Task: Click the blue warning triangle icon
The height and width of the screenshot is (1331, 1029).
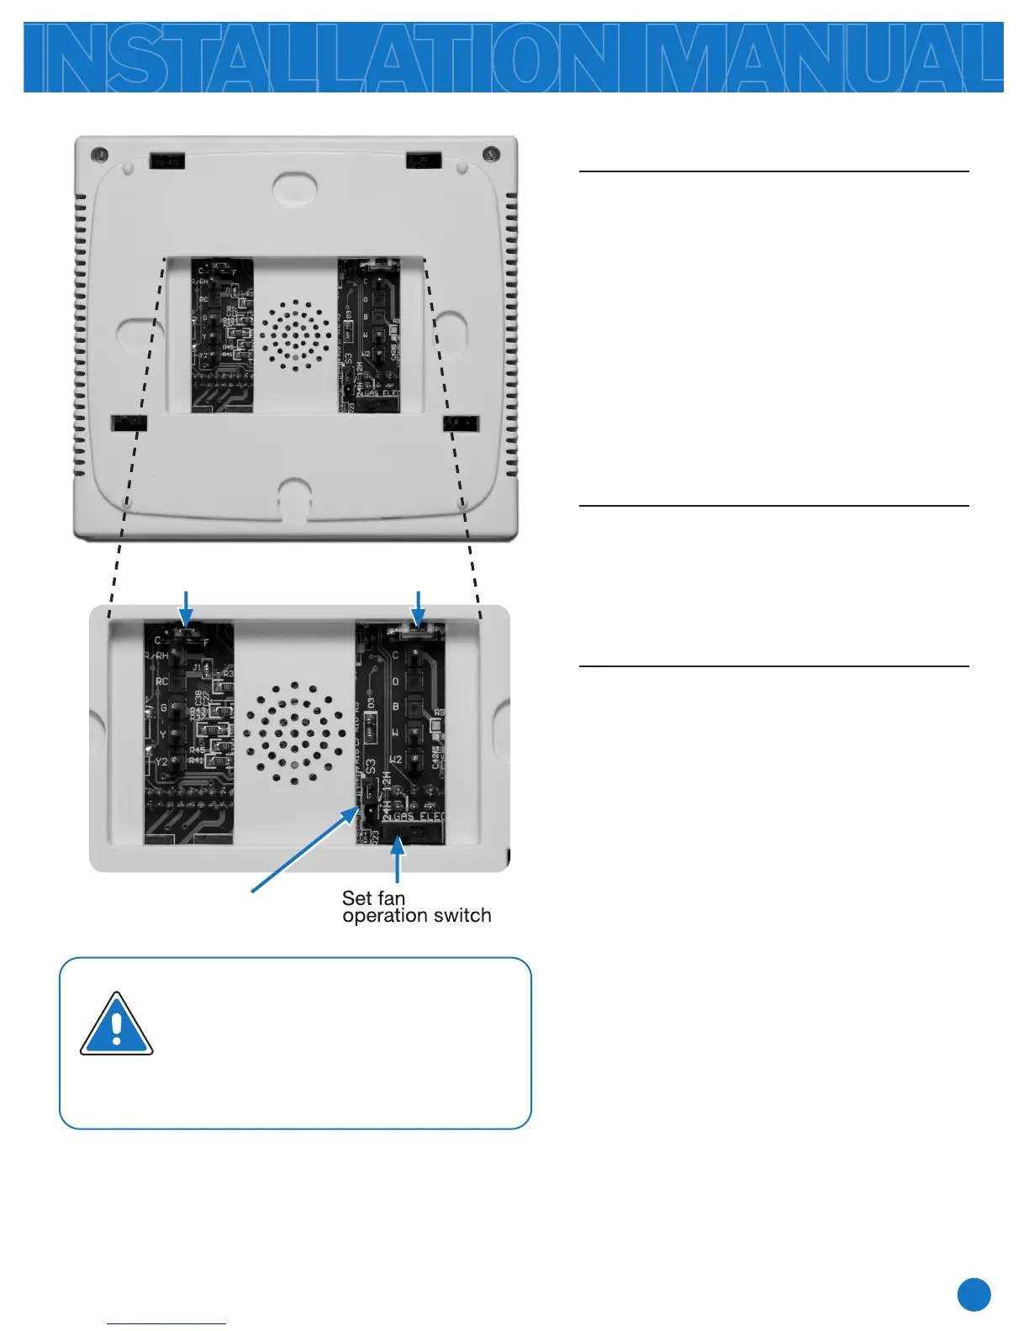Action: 116,1025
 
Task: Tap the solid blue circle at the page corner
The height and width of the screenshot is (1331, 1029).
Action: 974,1295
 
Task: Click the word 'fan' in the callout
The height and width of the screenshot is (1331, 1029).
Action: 391,898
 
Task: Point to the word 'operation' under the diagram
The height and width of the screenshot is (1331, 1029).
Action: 383,917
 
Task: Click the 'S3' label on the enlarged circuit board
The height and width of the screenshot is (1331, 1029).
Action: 371,768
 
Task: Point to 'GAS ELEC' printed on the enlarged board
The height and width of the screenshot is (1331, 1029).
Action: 420,816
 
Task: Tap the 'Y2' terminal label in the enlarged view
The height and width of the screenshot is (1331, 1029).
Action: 161,762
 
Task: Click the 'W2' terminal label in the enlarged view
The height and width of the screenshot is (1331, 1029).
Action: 395,760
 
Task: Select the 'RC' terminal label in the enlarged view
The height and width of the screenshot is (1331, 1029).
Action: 162,681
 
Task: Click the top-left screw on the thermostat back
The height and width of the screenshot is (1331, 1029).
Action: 100,155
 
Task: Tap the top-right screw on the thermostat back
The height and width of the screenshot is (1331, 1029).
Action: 492,154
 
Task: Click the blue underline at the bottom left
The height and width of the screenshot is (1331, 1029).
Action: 166,1323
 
